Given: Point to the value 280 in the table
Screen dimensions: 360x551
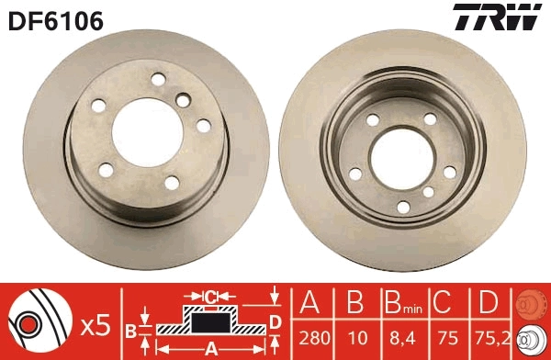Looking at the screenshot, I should click(x=313, y=338).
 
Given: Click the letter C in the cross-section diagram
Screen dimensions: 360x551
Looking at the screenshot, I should click(x=210, y=297).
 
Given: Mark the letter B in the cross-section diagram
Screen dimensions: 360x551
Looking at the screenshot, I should click(x=131, y=331).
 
